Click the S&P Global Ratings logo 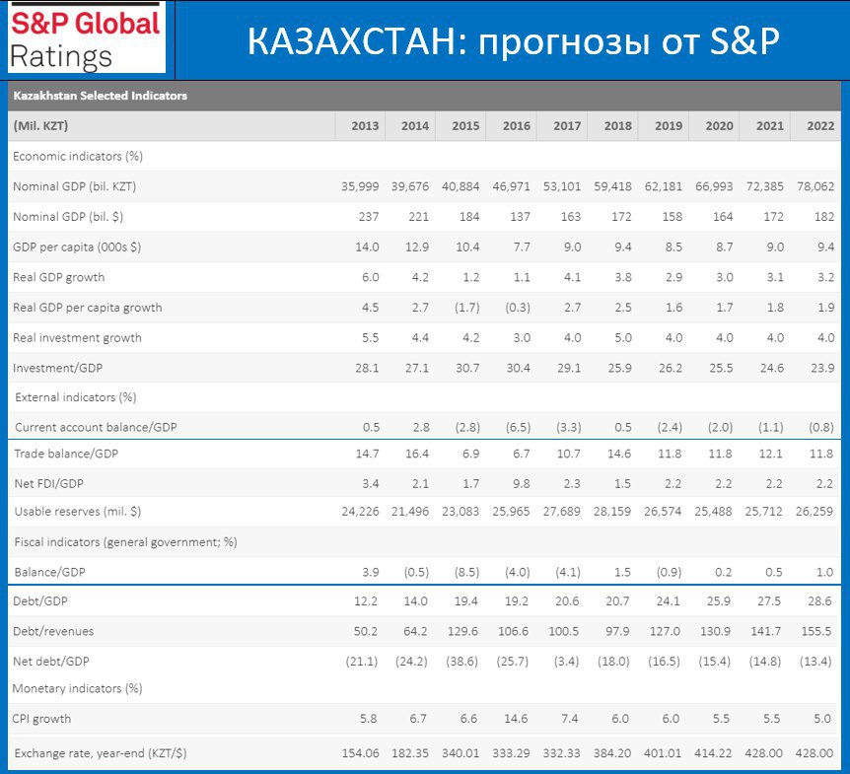click(86, 37)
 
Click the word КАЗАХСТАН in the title click(352, 41)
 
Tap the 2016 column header click(516, 126)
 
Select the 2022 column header click(820, 126)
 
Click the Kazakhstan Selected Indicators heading click(101, 96)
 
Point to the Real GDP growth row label click(58, 277)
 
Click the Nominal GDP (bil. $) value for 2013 click(369, 217)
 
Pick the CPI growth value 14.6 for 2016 click(516, 719)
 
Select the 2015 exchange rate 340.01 click(460, 753)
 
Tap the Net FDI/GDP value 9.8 click(521, 483)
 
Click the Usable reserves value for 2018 click(612, 511)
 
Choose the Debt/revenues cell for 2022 click(815, 631)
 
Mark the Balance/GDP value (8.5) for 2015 click(466, 572)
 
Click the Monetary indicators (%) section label click(77, 688)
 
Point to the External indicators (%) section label click(75, 397)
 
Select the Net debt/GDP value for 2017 click(566, 662)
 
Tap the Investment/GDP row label click(57, 368)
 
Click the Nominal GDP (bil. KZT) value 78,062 click(815, 186)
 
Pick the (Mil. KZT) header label click(40, 126)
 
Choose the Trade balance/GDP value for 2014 click(417, 454)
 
